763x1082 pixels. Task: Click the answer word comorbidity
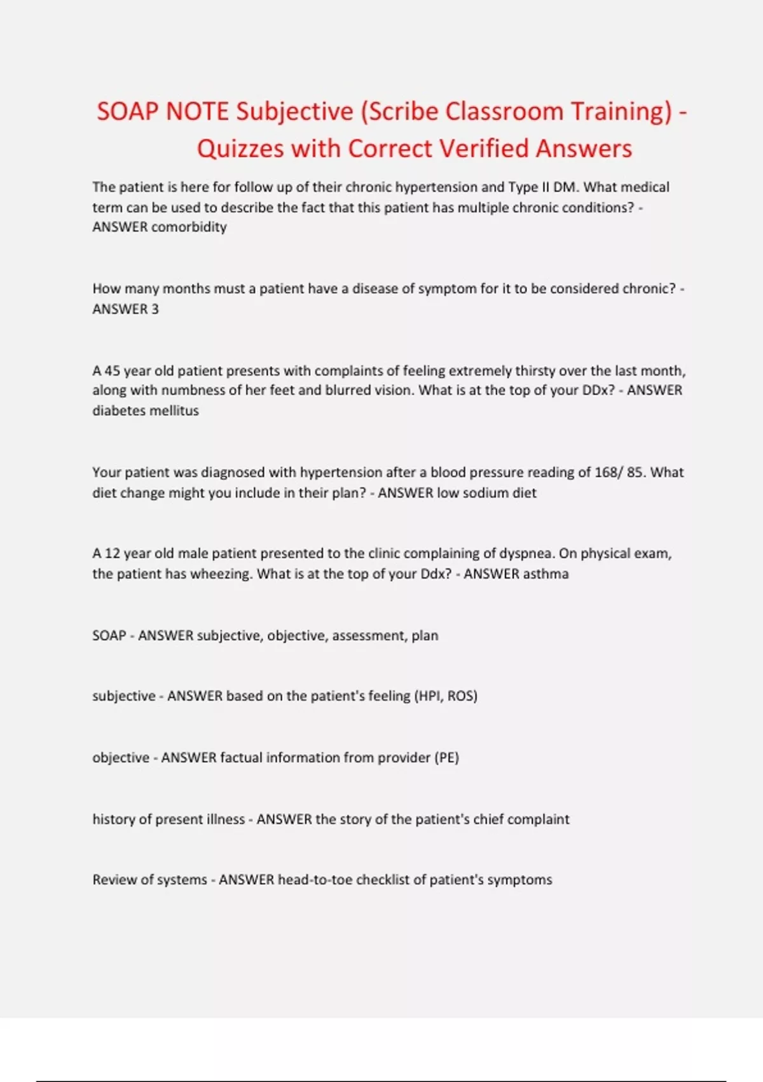(189, 227)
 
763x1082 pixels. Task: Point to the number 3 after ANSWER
(155, 309)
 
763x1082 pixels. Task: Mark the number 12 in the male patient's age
(112, 554)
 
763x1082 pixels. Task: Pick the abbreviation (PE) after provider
(446, 757)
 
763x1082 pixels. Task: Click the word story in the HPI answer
(355, 819)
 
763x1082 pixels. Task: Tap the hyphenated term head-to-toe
(315, 880)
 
